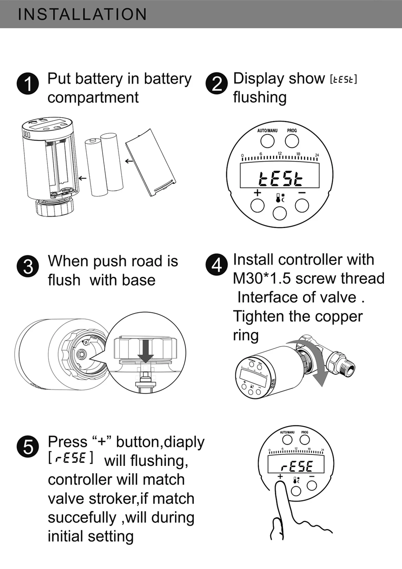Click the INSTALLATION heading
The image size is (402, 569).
pos(82,14)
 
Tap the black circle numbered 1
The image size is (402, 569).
pos(28,83)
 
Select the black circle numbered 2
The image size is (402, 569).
pos(216,83)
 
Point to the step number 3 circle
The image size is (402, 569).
pos(28,267)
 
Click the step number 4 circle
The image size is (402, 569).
pos(216,265)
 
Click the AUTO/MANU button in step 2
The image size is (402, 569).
pos(267,141)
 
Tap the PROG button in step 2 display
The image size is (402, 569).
pos(292,141)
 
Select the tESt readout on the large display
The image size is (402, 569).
pos(280,178)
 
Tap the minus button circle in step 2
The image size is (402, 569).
pos(302,205)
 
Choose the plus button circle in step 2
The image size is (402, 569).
pos(258,205)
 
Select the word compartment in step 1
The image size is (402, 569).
pos(93,98)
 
